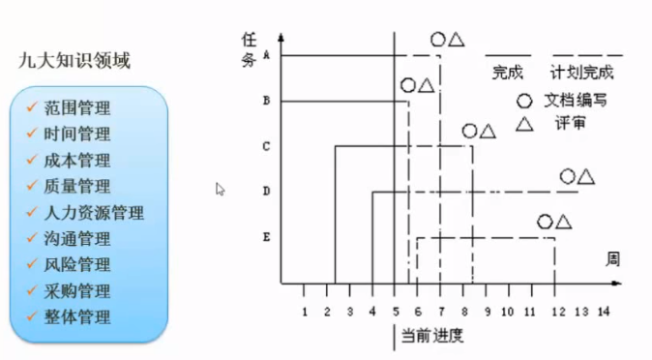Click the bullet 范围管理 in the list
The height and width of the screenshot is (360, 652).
tap(77, 107)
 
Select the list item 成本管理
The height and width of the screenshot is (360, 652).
tap(77, 160)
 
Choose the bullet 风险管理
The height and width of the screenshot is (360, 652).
tap(77, 264)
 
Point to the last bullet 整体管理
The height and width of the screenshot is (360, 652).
tap(77, 316)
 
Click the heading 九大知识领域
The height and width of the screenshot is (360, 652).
tap(75, 61)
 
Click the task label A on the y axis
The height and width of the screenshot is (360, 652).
tap(266, 55)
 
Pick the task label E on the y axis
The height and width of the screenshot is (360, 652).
tap(266, 236)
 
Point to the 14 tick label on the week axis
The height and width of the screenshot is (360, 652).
tap(604, 312)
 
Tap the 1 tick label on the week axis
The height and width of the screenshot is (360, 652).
tap(305, 312)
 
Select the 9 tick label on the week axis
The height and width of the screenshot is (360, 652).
tap(487, 312)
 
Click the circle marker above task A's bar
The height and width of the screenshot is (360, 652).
tap(437, 40)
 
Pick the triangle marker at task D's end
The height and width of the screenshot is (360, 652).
tap(586, 176)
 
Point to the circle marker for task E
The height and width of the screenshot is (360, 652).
tap(546, 223)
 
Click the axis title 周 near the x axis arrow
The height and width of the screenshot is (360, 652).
tap(611, 259)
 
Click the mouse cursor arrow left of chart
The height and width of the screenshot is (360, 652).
tap(221, 189)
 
